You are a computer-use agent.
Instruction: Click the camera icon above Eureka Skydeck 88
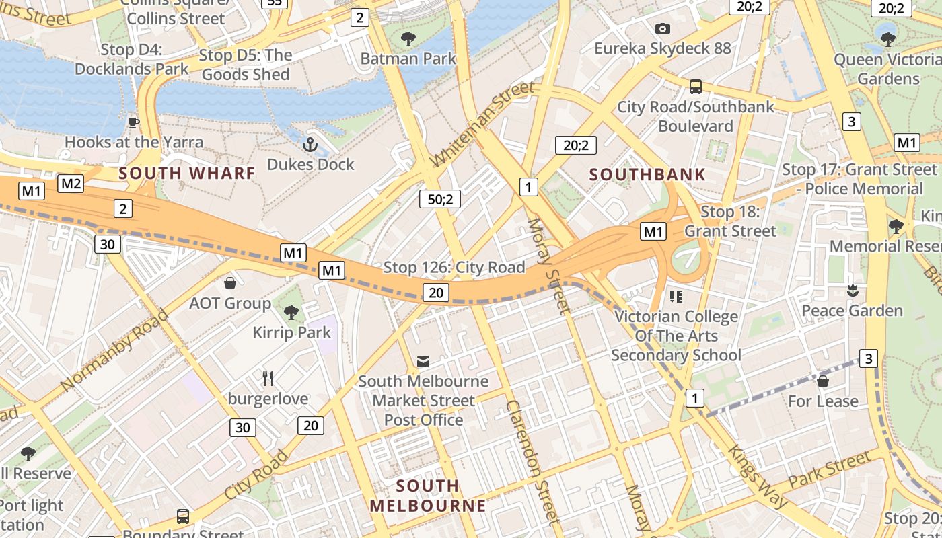click(x=663, y=28)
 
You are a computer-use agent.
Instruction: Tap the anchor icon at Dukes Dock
click(x=310, y=144)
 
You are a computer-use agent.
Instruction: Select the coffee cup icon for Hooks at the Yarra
click(x=134, y=122)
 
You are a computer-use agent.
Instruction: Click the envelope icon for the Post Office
click(x=423, y=362)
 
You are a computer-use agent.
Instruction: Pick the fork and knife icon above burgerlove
click(x=268, y=379)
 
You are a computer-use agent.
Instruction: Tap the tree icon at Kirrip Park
click(x=291, y=312)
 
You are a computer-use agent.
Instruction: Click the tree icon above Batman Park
click(x=408, y=38)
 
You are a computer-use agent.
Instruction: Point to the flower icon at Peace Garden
click(x=853, y=291)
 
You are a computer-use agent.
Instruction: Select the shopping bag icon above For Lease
click(x=822, y=381)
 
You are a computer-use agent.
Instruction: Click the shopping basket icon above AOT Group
click(x=230, y=283)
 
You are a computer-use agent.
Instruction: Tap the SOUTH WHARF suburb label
click(x=187, y=174)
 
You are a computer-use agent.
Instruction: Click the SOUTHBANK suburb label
click(x=647, y=175)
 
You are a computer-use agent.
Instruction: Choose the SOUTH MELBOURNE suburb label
click(x=427, y=496)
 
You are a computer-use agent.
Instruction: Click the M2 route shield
click(x=71, y=184)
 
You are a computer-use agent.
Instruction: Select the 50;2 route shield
click(x=439, y=199)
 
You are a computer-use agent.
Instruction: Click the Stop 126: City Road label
click(x=454, y=268)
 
